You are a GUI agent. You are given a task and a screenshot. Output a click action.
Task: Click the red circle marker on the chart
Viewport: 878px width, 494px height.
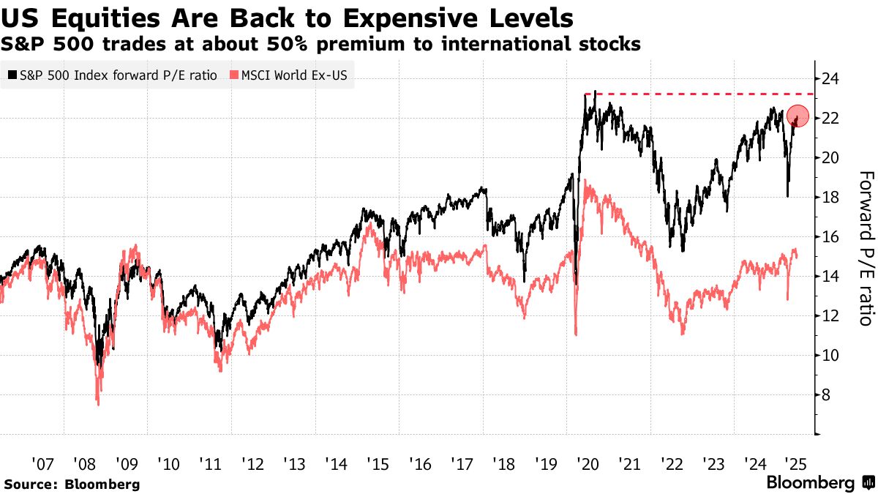pyautogui.click(x=798, y=116)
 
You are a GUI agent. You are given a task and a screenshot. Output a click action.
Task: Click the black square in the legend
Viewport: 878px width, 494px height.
pyautogui.click(x=12, y=75)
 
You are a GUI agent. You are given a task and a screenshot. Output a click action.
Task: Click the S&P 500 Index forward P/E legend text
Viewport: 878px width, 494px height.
pyautogui.click(x=117, y=75)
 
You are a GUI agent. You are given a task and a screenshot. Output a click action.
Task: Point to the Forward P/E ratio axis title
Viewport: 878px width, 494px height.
pyautogui.click(x=865, y=248)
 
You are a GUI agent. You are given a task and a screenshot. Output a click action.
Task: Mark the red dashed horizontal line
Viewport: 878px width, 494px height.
pyautogui.click(x=695, y=94)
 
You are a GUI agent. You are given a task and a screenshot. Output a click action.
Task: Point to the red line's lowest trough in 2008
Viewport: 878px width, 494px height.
pyautogui.click(x=98, y=403)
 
